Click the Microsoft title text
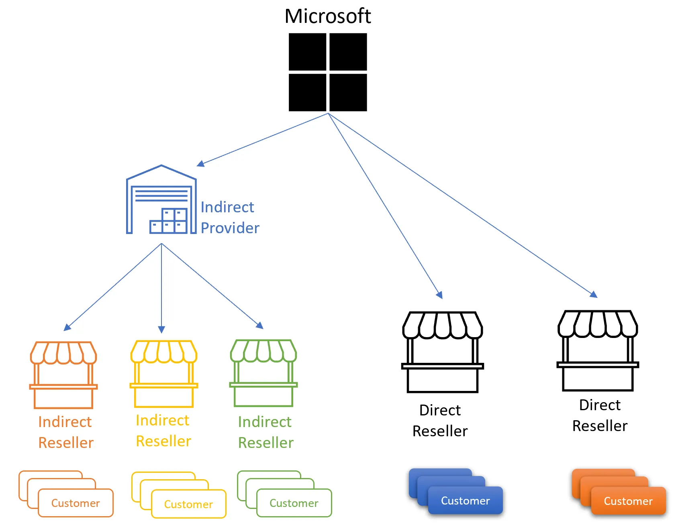click(327, 16)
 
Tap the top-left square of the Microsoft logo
click(307, 52)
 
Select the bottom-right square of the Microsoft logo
click(348, 92)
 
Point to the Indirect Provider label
click(230, 218)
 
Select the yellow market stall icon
click(163, 374)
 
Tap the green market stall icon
click(263, 373)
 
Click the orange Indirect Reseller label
click(65, 432)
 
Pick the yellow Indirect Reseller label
click(163, 431)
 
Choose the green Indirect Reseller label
click(265, 432)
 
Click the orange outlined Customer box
click(76, 503)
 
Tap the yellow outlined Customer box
click(188, 504)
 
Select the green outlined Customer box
click(294, 503)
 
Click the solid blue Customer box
click(465, 501)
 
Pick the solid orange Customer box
click(628, 501)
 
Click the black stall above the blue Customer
click(442, 352)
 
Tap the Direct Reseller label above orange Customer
click(600, 415)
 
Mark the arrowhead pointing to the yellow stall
click(161, 330)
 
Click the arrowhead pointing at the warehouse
click(200, 163)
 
